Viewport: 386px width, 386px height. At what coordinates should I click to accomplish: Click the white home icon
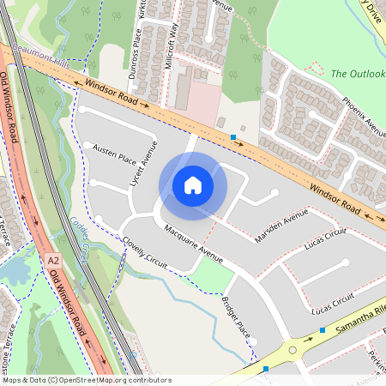point(193,184)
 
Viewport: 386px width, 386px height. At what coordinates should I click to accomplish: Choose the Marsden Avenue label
point(280,226)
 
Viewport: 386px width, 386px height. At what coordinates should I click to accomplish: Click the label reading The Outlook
point(355,74)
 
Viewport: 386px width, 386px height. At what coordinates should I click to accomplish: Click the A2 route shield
point(53,260)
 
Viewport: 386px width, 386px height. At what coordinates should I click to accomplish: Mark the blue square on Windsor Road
point(233,136)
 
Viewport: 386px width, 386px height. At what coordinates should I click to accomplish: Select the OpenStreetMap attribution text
point(86,379)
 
